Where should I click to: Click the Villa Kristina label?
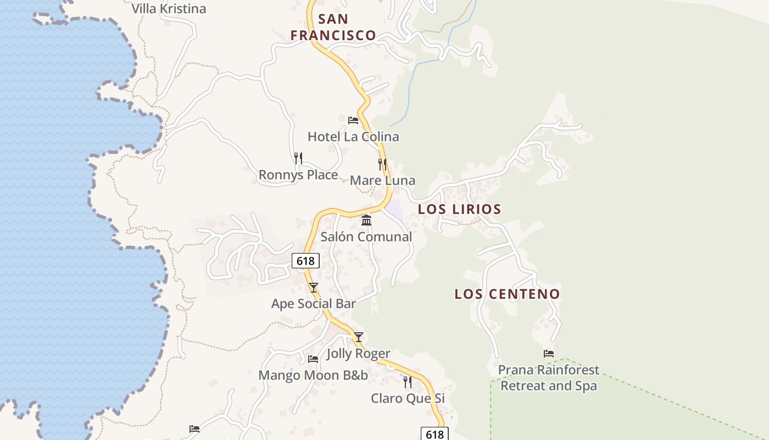pyautogui.click(x=169, y=9)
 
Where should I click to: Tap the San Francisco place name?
pyautogui.click(x=333, y=27)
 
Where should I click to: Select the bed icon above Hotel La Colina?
pyautogui.click(x=353, y=120)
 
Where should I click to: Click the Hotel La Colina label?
pyautogui.click(x=353, y=136)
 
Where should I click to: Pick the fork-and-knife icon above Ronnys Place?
pyautogui.click(x=298, y=158)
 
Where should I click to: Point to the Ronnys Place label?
pyautogui.click(x=298, y=175)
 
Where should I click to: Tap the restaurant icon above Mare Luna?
pyautogui.click(x=382, y=164)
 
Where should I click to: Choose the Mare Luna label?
pyautogui.click(x=382, y=180)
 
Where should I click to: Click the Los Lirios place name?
pyautogui.click(x=459, y=209)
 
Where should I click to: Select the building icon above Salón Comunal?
pyautogui.click(x=366, y=221)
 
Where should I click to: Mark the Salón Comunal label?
pyautogui.click(x=366, y=237)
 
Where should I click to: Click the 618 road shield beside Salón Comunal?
pyautogui.click(x=305, y=261)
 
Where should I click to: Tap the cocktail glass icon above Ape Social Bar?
pyautogui.click(x=314, y=287)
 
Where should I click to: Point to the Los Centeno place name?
pyautogui.click(x=507, y=294)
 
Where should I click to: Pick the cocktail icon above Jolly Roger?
pyautogui.click(x=359, y=337)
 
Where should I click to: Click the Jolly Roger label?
pyautogui.click(x=359, y=353)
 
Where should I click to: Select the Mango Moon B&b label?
pyautogui.click(x=313, y=375)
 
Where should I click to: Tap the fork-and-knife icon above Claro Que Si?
pyautogui.click(x=408, y=382)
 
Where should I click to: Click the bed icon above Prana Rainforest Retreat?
pyautogui.click(x=549, y=354)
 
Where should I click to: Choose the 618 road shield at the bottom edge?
pyautogui.click(x=434, y=434)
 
